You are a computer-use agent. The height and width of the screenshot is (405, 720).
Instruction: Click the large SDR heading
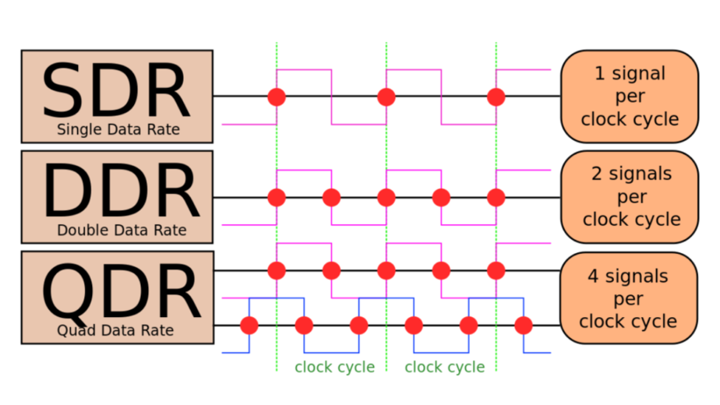point(116,90)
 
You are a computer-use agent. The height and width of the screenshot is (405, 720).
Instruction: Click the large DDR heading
point(122,191)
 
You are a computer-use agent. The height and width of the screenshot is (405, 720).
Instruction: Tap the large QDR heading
point(122,293)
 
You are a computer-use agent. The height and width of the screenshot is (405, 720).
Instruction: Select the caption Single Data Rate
point(118,129)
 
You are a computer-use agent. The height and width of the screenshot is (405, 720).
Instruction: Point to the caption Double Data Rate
point(122,230)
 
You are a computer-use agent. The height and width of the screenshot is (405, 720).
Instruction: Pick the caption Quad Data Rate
point(115,330)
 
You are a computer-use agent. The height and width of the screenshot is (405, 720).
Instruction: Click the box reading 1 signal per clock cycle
point(630,97)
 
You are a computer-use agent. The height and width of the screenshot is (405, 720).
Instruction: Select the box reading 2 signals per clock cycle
point(630,197)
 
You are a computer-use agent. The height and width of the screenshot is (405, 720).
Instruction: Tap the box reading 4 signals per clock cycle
point(629,298)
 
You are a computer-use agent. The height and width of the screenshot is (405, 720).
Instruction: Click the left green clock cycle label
point(335,367)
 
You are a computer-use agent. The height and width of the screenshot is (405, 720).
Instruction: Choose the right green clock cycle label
point(444,367)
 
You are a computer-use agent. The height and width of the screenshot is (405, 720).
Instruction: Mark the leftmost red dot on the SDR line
point(277,97)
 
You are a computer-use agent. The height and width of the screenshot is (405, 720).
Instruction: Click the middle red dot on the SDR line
point(386,97)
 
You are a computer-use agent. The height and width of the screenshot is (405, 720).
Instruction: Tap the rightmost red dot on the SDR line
point(496,97)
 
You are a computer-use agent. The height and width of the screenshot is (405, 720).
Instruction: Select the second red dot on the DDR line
point(331,198)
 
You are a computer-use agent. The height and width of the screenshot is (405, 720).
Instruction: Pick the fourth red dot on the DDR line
point(441,198)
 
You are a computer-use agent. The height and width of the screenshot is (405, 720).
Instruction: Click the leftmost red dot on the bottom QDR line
point(249,326)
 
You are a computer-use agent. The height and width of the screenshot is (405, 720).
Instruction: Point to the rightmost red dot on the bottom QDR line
point(524,326)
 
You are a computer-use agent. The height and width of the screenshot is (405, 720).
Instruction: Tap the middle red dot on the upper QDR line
point(386,270)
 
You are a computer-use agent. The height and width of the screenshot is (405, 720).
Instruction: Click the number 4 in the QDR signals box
point(593,276)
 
